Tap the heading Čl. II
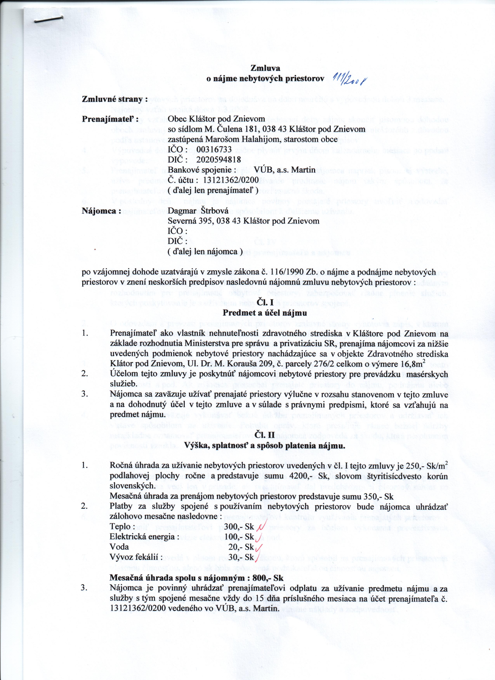(265, 435)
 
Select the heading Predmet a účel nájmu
(265, 312)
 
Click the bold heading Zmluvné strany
(115, 99)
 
